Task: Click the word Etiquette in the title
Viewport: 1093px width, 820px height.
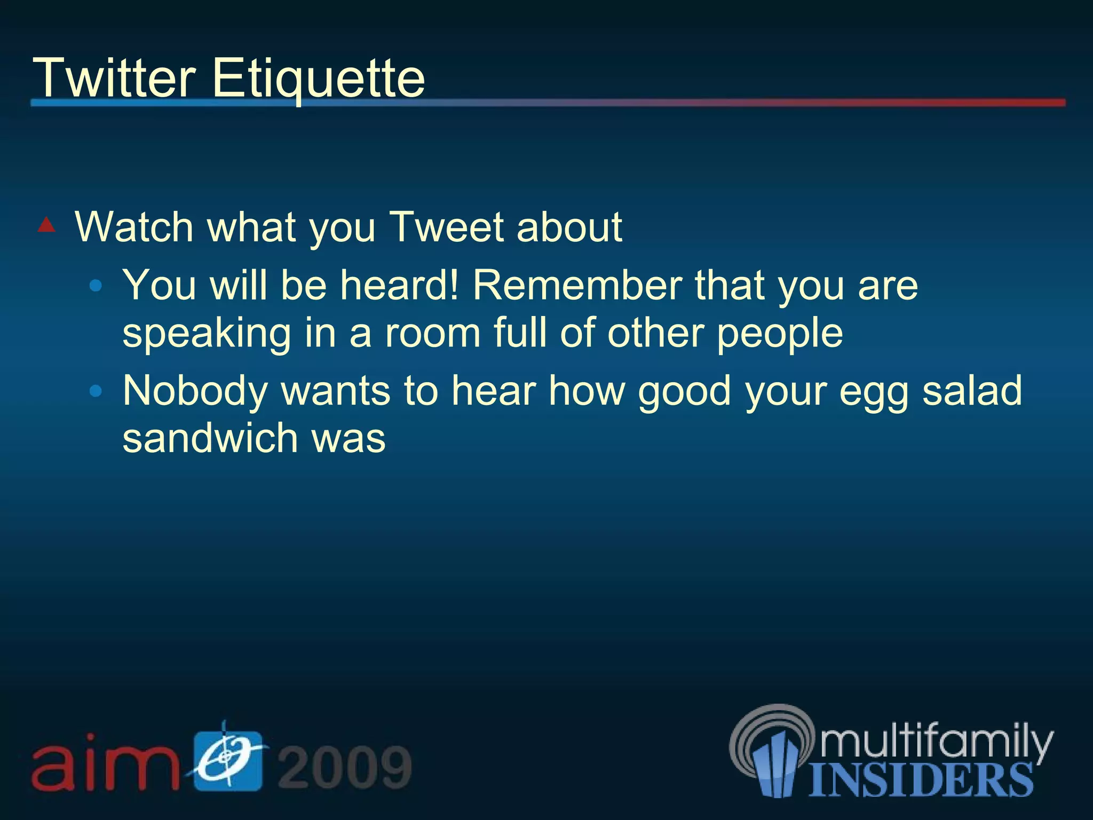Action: coord(319,79)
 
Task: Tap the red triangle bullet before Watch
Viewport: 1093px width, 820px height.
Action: coord(46,225)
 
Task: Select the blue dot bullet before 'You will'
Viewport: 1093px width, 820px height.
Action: coord(96,286)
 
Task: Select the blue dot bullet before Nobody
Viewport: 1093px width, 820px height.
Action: coord(96,391)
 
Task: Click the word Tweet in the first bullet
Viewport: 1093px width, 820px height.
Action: coord(446,227)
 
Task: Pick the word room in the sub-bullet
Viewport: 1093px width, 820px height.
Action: coord(433,334)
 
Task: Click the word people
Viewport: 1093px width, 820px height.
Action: coord(779,334)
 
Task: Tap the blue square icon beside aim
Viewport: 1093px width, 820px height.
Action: coord(228,760)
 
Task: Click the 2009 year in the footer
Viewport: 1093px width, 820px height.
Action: coord(345,767)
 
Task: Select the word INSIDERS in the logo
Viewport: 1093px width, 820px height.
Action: coord(921,780)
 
